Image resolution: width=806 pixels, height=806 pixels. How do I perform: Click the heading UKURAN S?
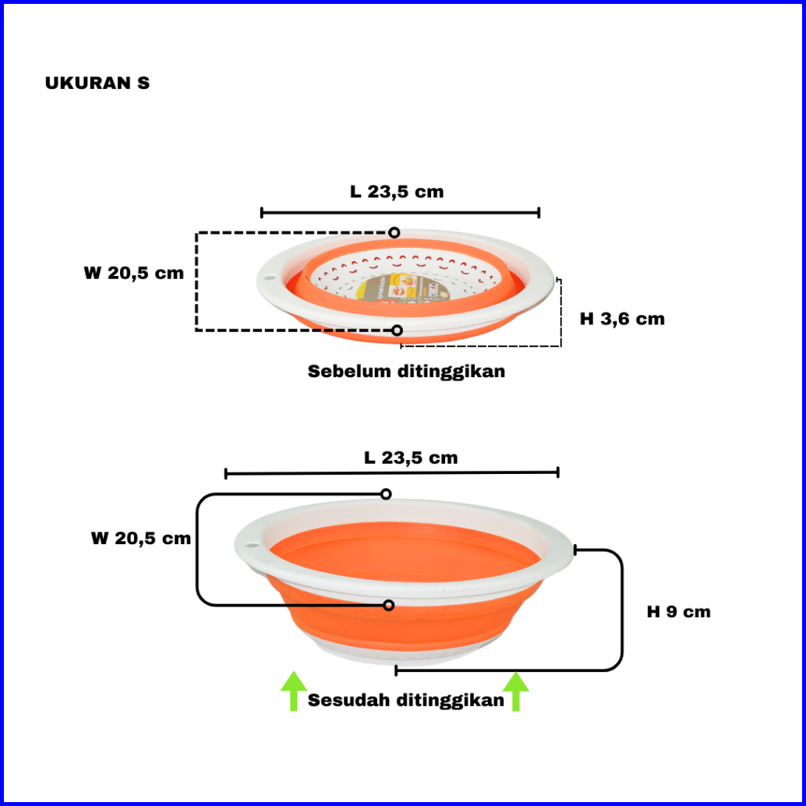tap(97, 83)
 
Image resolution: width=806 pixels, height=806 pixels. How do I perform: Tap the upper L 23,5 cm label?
tap(397, 192)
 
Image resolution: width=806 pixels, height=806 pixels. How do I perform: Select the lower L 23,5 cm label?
tap(411, 458)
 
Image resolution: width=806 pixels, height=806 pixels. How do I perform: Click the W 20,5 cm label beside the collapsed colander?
tap(134, 273)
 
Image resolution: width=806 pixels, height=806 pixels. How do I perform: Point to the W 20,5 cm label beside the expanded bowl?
tap(140, 538)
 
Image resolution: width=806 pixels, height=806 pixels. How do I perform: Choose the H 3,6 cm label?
tap(622, 318)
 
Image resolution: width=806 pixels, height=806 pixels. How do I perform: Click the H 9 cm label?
tap(678, 612)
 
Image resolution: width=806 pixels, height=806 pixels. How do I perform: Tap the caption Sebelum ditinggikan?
tap(406, 371)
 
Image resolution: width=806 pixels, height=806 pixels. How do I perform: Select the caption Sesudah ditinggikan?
tap(406, 700)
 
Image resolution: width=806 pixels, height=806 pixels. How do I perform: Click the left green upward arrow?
tap(293, 691)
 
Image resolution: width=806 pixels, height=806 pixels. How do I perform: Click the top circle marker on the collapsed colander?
tap(394, 232)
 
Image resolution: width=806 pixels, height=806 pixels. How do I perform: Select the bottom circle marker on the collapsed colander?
tap(397, 331)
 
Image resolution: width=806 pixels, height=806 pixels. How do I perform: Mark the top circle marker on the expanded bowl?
tap(386, 494)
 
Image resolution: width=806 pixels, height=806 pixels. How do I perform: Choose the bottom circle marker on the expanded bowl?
tap(388, 605)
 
